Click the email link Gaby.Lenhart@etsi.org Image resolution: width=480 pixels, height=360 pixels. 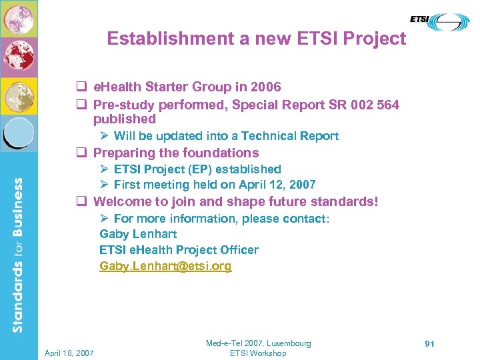coord(165,266)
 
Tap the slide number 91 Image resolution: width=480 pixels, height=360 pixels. coord(429,343)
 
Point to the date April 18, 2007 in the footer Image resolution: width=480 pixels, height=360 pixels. coord(70,353)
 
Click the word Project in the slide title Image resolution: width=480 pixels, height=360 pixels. coord(375,39)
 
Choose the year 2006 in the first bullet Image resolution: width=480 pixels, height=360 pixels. coord(266,87)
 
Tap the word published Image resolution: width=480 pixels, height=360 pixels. coord(125,119)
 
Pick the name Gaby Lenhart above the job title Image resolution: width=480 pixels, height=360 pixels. coord(138,234)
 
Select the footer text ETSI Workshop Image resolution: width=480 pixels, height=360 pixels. coord(258,353)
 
